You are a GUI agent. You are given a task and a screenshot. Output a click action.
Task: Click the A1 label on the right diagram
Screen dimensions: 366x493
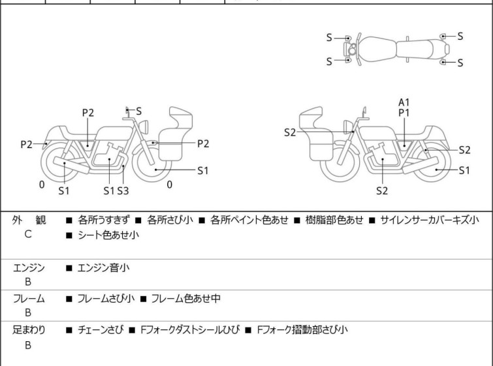404,102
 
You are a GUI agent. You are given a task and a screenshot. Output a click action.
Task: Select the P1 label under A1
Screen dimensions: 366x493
404,112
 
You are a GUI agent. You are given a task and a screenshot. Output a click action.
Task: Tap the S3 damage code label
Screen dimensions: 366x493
123,191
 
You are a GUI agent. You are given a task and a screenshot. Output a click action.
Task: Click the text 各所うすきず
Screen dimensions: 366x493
105,220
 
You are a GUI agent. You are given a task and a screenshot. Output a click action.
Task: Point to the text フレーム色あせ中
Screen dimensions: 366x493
185,298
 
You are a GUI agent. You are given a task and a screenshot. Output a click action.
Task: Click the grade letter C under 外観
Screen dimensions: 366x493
28,235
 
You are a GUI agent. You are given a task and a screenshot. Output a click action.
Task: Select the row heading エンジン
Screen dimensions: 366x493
29,267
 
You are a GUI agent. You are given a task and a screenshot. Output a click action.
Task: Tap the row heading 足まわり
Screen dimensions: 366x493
29,329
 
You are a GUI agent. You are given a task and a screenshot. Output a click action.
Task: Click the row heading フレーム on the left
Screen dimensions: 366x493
29,298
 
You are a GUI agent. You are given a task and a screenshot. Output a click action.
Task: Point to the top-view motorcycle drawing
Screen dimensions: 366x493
395,49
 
